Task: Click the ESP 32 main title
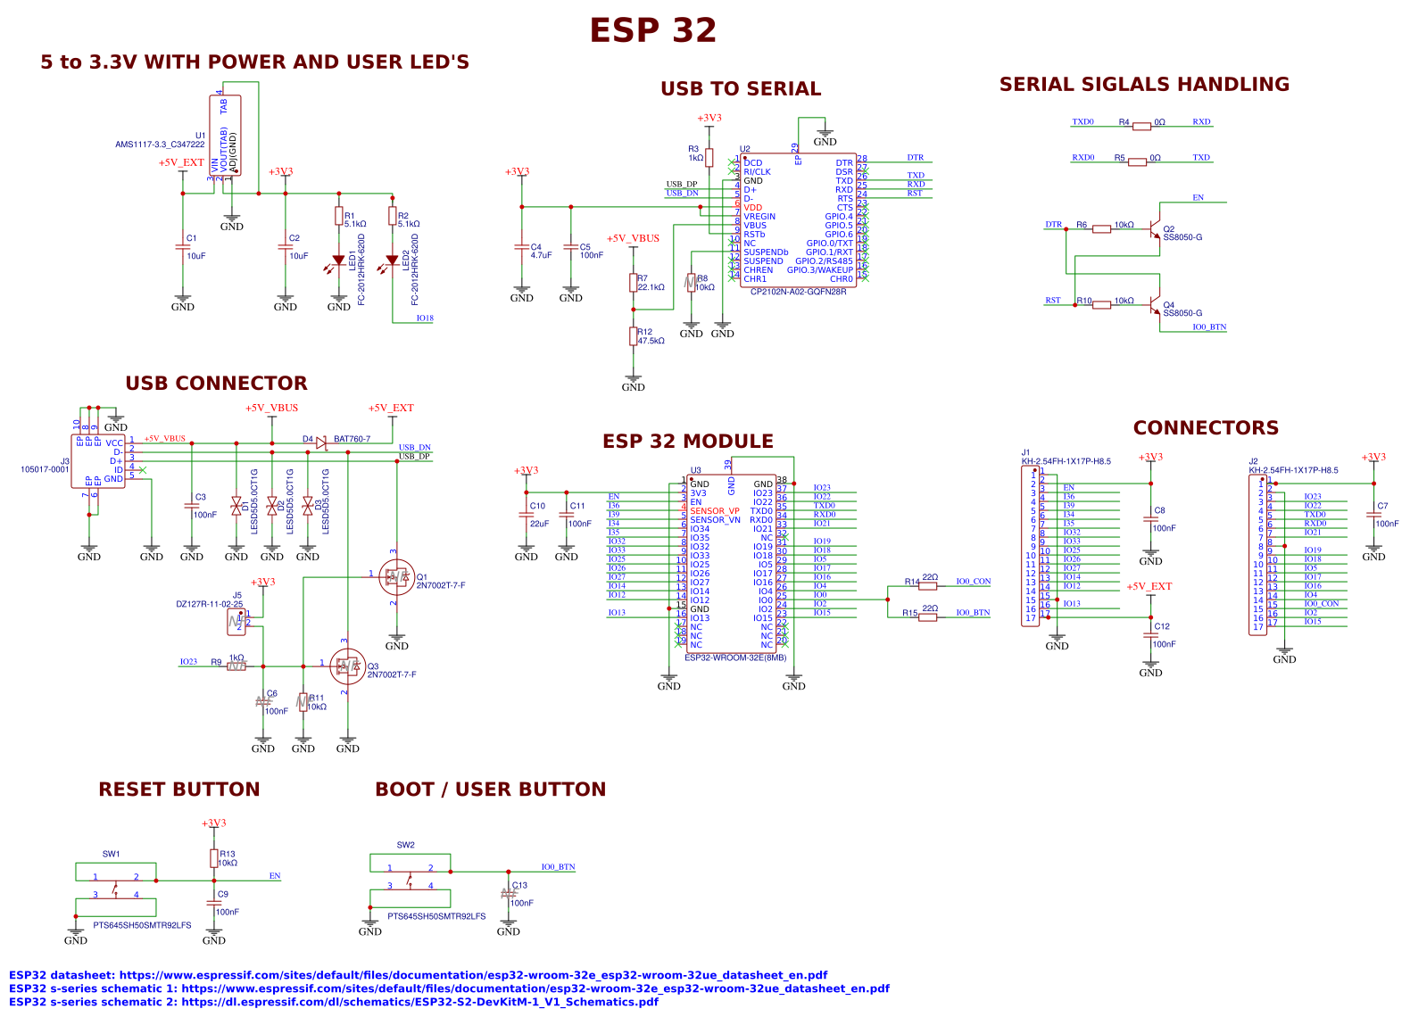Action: (652, 30)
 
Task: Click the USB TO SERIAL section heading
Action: (740, 89)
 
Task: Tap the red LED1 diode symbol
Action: (339, 261)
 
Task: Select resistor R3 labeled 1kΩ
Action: (709, 158)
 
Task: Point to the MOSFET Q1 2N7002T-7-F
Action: (395, 577)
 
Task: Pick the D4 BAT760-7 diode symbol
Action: (321, 442)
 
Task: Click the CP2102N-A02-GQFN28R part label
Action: (798, 292)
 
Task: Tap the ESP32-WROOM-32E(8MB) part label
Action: (735, 657)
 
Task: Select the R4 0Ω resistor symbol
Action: (1141, 127)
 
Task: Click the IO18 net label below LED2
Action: (425, 318)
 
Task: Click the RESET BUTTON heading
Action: (178, 790)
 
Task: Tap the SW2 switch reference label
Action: (405, 845)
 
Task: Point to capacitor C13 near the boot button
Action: (509, 893)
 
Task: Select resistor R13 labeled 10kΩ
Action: (214, 858)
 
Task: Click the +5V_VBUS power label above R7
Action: (633, 238)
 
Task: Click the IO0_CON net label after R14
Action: (973, 582)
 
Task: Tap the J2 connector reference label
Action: (1253, 462)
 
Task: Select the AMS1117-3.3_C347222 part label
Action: (160, 145)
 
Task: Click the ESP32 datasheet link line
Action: (418, 975)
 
